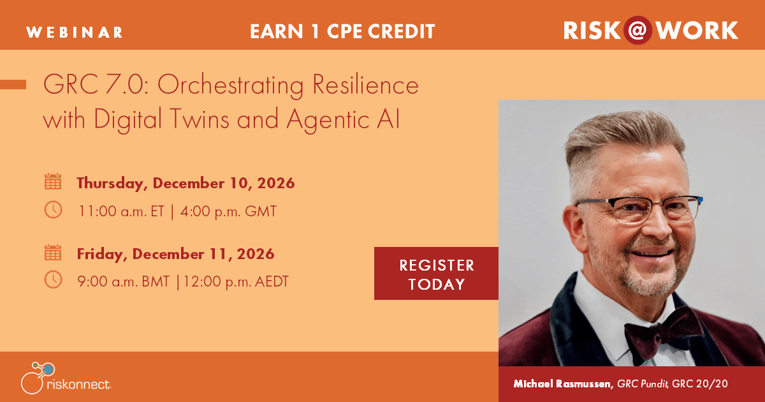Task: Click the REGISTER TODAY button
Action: [436, 274]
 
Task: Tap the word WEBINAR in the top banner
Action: [75, 33]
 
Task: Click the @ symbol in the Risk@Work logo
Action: [637, 31]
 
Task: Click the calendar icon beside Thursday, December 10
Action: [53, 181]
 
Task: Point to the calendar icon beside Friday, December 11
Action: [53, 253]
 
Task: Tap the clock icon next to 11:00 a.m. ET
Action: [54, 209]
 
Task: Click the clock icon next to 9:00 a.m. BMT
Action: [54, 279]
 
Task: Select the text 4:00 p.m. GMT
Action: [228, 211]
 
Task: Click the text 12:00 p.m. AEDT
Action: [236, 281]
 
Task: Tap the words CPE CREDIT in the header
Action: [381, 31]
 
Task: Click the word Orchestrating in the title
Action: [230, 85]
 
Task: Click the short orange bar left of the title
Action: [13, 84]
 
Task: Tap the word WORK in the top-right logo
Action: [697, 31]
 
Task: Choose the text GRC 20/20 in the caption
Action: [700, 384]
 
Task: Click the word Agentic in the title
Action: [328, 120]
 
